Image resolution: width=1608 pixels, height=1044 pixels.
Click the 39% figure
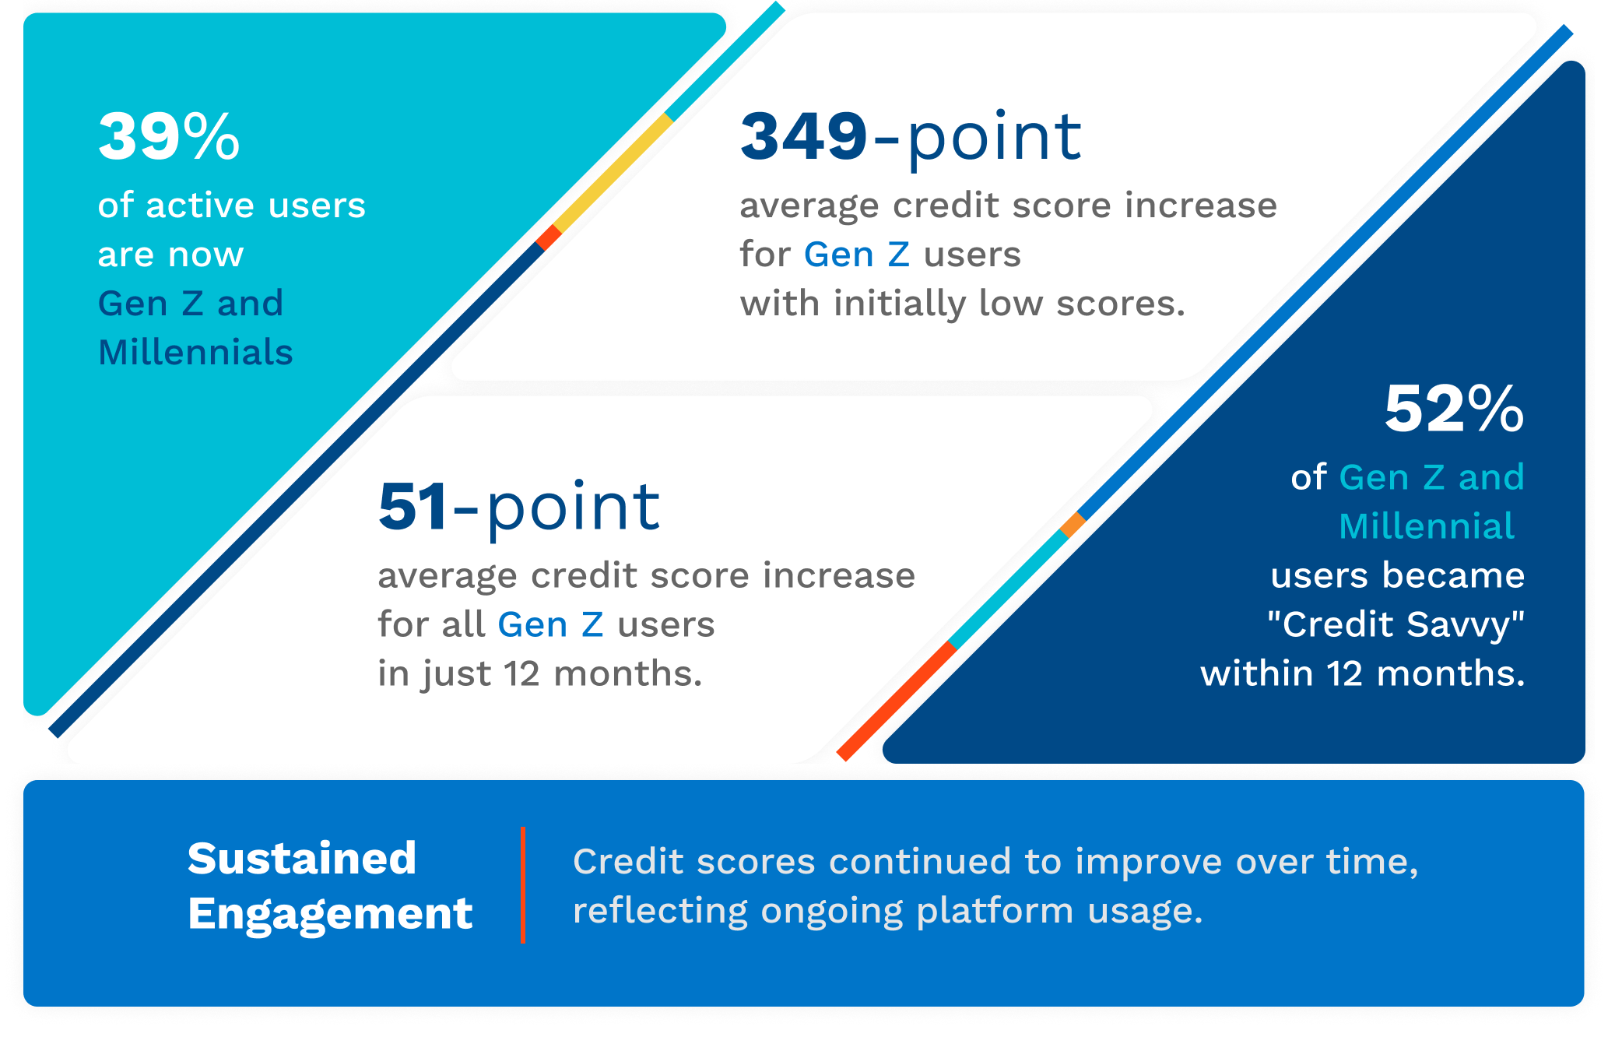click(x=169, y=137)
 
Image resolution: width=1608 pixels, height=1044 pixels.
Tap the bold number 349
click(x=803, y=137)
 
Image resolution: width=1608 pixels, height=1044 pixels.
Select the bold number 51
click(x=413, y=507)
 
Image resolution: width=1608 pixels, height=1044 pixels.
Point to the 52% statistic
click(x=1454, y=409)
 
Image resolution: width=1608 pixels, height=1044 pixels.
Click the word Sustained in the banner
click(x=302, y=859)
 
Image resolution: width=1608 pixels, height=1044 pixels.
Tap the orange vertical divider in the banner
click(x=523, y=884)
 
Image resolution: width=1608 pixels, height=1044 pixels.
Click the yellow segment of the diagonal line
click(x=613, y=173)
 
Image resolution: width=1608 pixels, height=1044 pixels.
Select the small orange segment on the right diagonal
click(x=1073, y=525)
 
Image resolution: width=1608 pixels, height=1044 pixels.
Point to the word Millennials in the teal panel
click(x=195, y=352)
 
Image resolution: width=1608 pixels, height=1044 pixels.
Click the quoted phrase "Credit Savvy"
click(x=1396, y=624)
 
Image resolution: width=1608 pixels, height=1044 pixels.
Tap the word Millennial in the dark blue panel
click(x=1427, y=526)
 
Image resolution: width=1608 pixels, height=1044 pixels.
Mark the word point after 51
click(x=574, y=508)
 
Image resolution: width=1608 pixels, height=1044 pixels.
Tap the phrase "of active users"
click(x=232, y=206)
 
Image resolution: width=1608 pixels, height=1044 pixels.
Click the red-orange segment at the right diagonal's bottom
click(x=897, y=701)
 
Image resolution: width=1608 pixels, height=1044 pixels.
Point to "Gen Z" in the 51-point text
click(x=550, y=624)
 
